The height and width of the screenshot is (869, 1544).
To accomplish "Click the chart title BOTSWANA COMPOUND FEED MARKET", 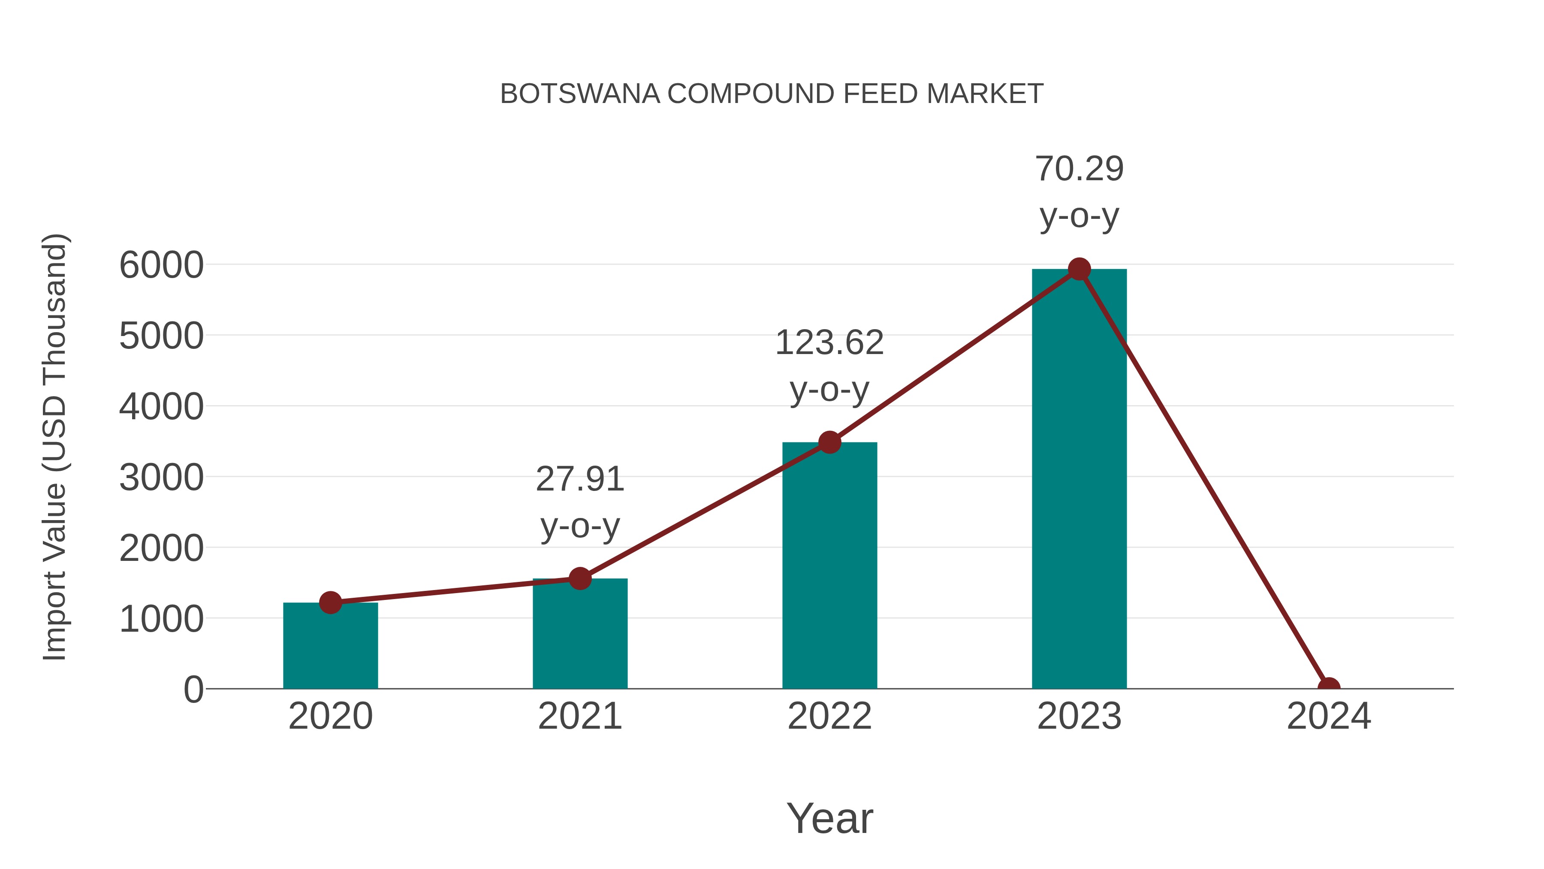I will [x=772, y=94].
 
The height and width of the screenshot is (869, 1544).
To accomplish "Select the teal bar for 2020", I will [x=330, y=648].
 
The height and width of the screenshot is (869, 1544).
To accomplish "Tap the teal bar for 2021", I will [x=579, y=636].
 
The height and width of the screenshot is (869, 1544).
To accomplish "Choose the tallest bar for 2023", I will [x=1079, y=480].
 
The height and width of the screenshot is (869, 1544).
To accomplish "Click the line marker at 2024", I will [x=1328, y=687].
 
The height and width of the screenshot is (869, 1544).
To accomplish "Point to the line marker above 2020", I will [x=330, y=602].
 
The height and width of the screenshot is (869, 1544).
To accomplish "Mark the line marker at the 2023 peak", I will [x=1079, y=269].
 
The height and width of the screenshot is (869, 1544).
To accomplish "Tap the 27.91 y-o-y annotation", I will [x=579, y=502].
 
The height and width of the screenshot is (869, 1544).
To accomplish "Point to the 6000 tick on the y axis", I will [x=161, y=265].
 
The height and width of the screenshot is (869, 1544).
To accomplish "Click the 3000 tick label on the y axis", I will [x=161, y=478].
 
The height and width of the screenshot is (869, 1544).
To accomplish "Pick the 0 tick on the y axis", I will [x=193, y=690].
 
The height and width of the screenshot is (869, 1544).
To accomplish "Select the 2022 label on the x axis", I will [x=829, y=716].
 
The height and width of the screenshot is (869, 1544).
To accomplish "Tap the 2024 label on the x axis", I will [x=1328, y=716].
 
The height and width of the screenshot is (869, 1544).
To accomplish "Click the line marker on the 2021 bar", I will [x=579, y=579].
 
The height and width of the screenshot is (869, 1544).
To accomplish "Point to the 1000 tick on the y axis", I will [x=161, y=620].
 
